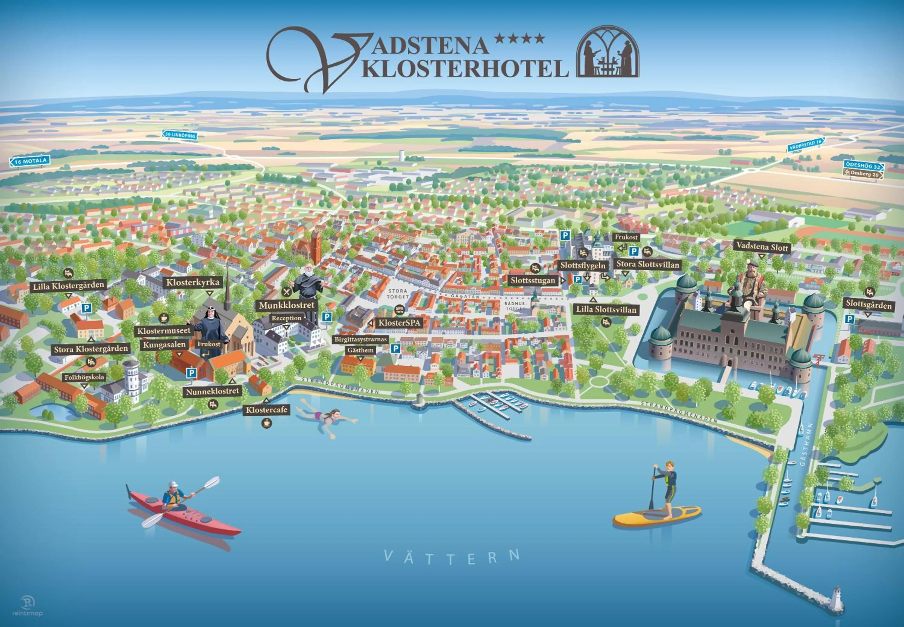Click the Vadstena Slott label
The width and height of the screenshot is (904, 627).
tap(762, 247)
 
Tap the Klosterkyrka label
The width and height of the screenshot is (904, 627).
tap(193, 282)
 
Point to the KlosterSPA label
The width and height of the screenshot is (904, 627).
tap(399, 323)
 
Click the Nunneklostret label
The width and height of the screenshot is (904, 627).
tap(212, 391)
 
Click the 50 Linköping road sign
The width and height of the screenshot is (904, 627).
tap(180, 135)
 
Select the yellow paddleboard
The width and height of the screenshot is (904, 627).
tap(657, 516)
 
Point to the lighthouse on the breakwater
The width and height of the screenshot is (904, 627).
tap(836, 598)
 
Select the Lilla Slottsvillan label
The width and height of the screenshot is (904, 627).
tap(606, 310)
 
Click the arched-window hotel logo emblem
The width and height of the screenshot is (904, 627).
tap(607, 52)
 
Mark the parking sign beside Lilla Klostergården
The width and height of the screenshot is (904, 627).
tap(86, 308)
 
